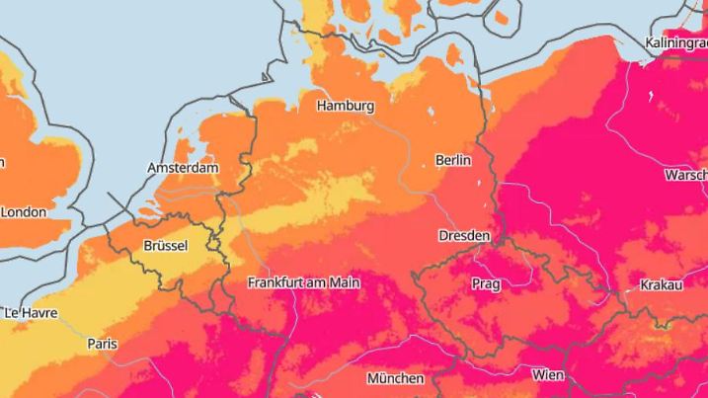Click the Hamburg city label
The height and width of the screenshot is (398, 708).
coord(345,106)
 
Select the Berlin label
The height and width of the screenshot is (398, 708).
coord(453,160)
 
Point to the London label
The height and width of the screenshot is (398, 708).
coord(24,211)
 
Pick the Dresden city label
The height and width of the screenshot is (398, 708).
coord(465,236)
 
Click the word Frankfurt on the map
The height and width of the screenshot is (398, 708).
coord(276,282)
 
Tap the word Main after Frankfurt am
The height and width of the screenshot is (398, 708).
coord(344,282)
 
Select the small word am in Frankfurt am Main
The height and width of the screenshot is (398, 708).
coord(317,283)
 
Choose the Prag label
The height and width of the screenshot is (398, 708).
coord(486,284)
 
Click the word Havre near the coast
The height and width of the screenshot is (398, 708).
coord(39,313)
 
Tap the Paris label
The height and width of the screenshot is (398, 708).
coord(101,344)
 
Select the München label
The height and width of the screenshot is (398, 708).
coord(395,378)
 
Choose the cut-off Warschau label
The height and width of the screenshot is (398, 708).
coord(686,174)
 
